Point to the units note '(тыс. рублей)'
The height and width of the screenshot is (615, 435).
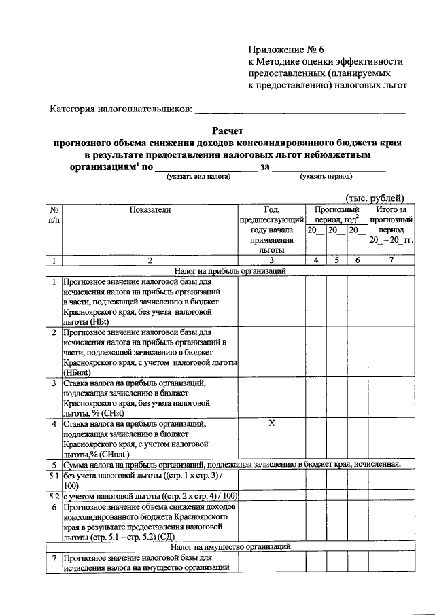(x=375, y=197)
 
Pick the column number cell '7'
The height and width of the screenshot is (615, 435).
(x=390, y=260)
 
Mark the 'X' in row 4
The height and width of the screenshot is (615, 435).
(x=271, y=423)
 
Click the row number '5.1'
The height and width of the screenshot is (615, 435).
(x=54, y=475)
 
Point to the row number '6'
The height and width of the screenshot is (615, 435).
(x=54, y=507)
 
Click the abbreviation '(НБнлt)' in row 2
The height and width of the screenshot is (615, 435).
(x=77, y=372)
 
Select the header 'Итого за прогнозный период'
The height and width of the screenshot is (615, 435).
(x=390, y=225)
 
